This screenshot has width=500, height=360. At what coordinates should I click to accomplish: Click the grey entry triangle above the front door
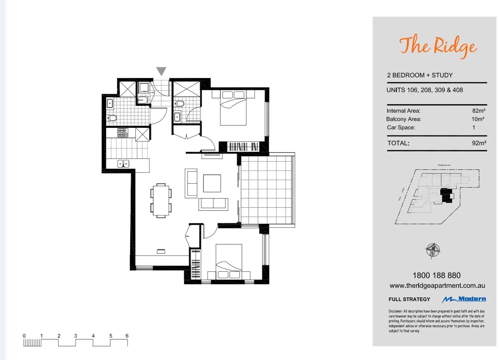[x=161, y=71]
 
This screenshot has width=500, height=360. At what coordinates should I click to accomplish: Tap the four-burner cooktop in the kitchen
[x=123, y=133]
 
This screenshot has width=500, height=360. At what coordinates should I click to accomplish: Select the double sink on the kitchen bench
[x=123, y=163]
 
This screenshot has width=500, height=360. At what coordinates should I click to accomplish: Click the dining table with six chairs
[x=161, y=201]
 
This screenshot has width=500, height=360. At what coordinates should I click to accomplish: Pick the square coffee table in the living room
[x=212, y=184]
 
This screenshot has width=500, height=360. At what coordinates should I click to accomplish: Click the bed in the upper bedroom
[x=233, y=108]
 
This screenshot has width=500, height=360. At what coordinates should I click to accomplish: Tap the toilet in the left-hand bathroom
[x=112, y=118]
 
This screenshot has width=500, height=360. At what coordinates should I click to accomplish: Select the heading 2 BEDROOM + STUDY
[x=420, y=75]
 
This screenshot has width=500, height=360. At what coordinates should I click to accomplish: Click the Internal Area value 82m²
[x=479, y=111]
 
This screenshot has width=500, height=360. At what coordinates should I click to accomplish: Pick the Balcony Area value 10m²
[x=478, y=119]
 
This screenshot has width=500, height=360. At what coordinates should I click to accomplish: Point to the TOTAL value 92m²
[x=479, y=143]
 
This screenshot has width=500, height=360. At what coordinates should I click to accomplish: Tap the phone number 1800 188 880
[x=436, y=275]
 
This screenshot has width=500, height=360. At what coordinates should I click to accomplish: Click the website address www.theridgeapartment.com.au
[x=437, y=286]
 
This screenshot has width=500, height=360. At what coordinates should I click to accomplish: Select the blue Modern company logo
[x=464, y=299]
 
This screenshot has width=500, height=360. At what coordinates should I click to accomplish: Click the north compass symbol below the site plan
[x=433, y=250]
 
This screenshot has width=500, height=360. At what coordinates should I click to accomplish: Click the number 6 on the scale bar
[x=127, y=336]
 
